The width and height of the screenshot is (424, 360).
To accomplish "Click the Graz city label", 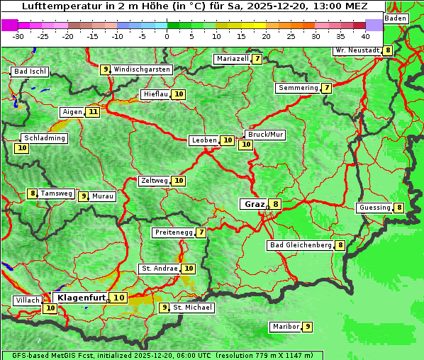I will [x=254, y=204].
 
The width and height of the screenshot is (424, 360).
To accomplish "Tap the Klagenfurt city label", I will [x=82, y=298].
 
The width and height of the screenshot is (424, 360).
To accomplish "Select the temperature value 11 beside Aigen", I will [x=93, y=112].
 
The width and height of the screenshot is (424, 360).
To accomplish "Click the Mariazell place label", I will [x=233, y=59].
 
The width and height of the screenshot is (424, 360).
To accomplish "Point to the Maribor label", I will [x=285, y=327].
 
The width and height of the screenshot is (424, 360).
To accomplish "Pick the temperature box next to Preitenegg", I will [x=201, y=232].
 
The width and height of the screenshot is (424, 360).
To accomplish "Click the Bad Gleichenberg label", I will [x=301, y=245].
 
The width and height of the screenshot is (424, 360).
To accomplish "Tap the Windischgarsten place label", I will [x=142, y=69].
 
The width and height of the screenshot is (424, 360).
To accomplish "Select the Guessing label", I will [x=374, y=208].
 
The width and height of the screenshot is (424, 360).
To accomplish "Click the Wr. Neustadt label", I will [x=357, y=50].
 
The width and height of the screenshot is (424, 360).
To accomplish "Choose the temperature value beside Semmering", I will [x=326, y=88].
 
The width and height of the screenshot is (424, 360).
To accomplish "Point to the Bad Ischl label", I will [x=30, y=72].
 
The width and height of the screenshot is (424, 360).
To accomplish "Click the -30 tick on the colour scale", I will [x=18, y=35].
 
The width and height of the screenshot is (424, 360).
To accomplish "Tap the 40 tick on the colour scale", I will [x=365, y=35].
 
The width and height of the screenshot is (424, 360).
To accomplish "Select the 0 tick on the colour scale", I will [x=167, y=35].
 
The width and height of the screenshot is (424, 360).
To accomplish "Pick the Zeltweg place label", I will [x=155, y=181].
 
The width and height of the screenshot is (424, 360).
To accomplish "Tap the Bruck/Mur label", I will [x=265, y=134].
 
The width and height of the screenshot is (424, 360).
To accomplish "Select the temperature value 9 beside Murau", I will [x=84, y=196].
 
